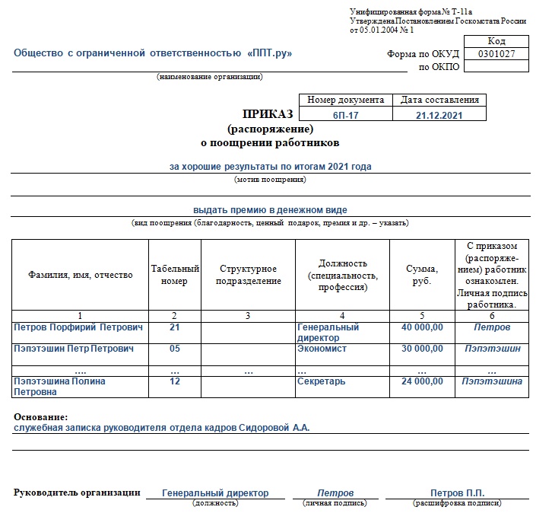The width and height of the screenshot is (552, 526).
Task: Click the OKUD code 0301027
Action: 496,54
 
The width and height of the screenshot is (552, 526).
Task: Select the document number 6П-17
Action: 346,115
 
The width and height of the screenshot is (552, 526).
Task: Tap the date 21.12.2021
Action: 439,115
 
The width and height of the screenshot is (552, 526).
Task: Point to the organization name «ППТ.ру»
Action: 270,53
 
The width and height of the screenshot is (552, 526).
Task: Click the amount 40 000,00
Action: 422,327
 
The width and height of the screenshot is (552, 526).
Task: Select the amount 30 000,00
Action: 422,349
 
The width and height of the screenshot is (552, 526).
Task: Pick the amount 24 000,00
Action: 422,381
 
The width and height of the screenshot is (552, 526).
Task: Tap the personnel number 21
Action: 175,327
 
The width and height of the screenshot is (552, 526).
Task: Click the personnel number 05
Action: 175,349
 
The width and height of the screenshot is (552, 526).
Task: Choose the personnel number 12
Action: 175,381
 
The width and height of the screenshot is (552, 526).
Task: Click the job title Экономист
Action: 322,349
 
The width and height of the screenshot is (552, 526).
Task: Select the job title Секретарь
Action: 322,381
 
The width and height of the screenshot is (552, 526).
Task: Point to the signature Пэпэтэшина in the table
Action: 492,381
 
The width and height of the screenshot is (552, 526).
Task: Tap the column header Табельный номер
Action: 175,274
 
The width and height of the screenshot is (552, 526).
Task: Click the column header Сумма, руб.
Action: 422,274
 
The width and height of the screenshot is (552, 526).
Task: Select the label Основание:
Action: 40,417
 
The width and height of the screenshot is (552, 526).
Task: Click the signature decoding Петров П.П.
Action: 457,493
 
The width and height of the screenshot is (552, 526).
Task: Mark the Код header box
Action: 496,41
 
